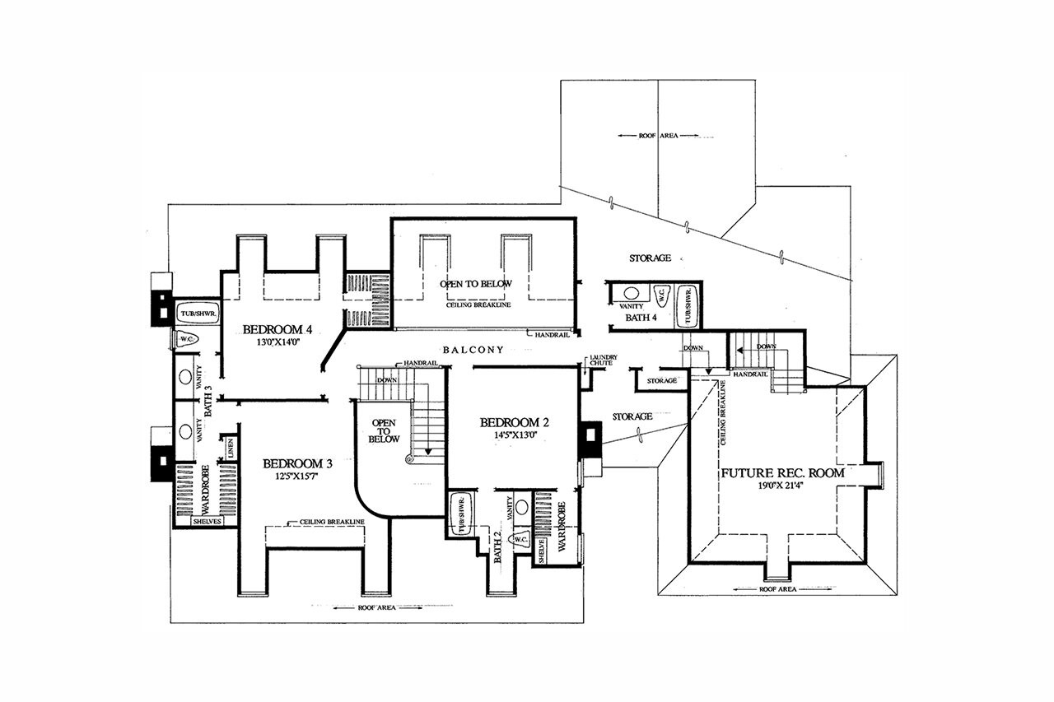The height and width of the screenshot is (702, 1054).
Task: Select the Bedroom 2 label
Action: pyautogui.click(x=514, y=423)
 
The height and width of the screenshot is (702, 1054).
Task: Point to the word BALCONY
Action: pyautogui.click(x=473, y=350)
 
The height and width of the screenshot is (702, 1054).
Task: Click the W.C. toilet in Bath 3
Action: pyautogui.click(x=185, y=337)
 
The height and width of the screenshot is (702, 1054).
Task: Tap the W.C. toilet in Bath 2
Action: pyautogui.click(x=519, y=540)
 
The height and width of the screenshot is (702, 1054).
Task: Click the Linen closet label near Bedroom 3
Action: pyautogui.click(x=231, y=449)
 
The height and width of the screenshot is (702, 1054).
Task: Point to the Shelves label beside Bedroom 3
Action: pyautogui.click(x=206, y=521)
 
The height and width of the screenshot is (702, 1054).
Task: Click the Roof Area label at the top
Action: pyautogui.click(x=658, y=135)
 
